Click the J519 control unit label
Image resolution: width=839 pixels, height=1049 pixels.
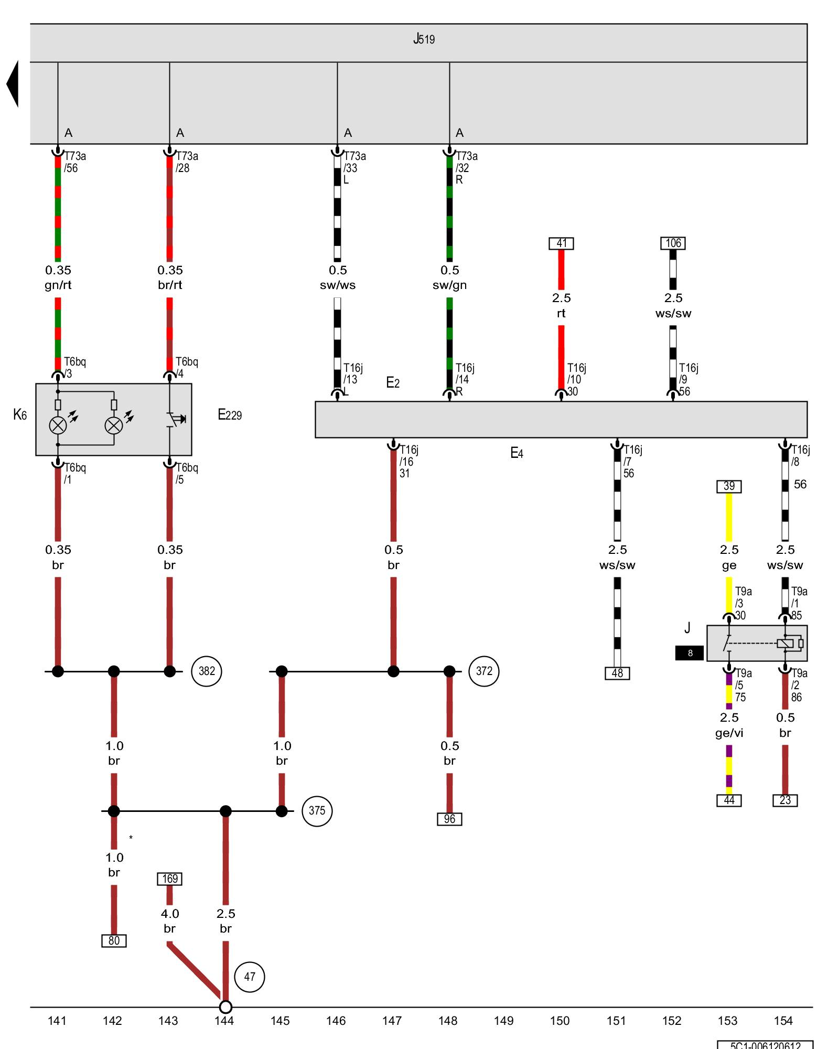[424, 39]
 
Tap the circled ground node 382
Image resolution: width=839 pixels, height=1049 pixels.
[207, 671]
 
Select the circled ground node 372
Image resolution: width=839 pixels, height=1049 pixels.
[484, 671]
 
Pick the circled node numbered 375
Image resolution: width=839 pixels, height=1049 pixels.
[317, 811]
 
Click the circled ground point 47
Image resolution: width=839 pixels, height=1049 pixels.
[250, 977]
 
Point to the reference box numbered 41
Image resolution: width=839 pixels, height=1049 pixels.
[561, 243]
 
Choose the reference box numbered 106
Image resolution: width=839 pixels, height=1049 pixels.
[673, 243]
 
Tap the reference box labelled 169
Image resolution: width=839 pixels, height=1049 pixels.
[169, 879]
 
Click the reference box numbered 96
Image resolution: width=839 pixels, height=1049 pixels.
[449, 819]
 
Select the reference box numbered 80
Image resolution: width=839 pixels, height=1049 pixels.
[114, 940]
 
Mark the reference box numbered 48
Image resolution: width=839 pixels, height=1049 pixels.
[617, 673]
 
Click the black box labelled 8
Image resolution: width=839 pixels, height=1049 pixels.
[689, 652]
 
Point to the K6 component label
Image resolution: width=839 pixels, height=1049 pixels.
[20, 415]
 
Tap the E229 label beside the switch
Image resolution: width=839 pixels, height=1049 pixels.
[230, 415]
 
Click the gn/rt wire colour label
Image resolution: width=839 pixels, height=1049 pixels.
[58, 285]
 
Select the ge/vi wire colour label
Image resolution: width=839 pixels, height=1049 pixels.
[729, 733]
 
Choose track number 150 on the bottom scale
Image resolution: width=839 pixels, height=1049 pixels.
[560, 1021]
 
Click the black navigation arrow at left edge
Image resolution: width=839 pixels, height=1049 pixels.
[13, 84]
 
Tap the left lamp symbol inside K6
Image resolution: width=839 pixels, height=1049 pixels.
[58, 425]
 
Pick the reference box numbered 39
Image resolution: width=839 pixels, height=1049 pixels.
[729, 486]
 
